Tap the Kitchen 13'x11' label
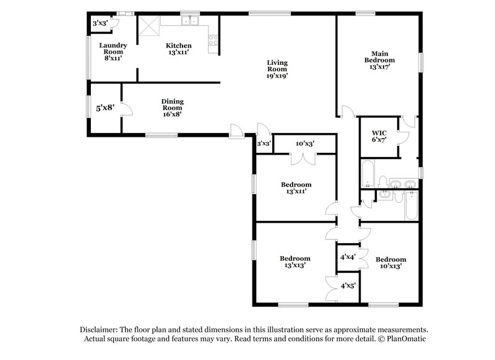(178, 49)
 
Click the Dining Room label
(172, 107)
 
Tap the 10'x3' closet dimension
(305, 144)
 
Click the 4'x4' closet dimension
(346, 256)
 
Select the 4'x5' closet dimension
(346, 286)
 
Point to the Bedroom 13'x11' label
(296, 188)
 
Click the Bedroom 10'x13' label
(390, 262)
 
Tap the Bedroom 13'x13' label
(295, 261)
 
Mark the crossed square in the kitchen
(149, 26)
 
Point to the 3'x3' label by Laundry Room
(100, 23)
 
